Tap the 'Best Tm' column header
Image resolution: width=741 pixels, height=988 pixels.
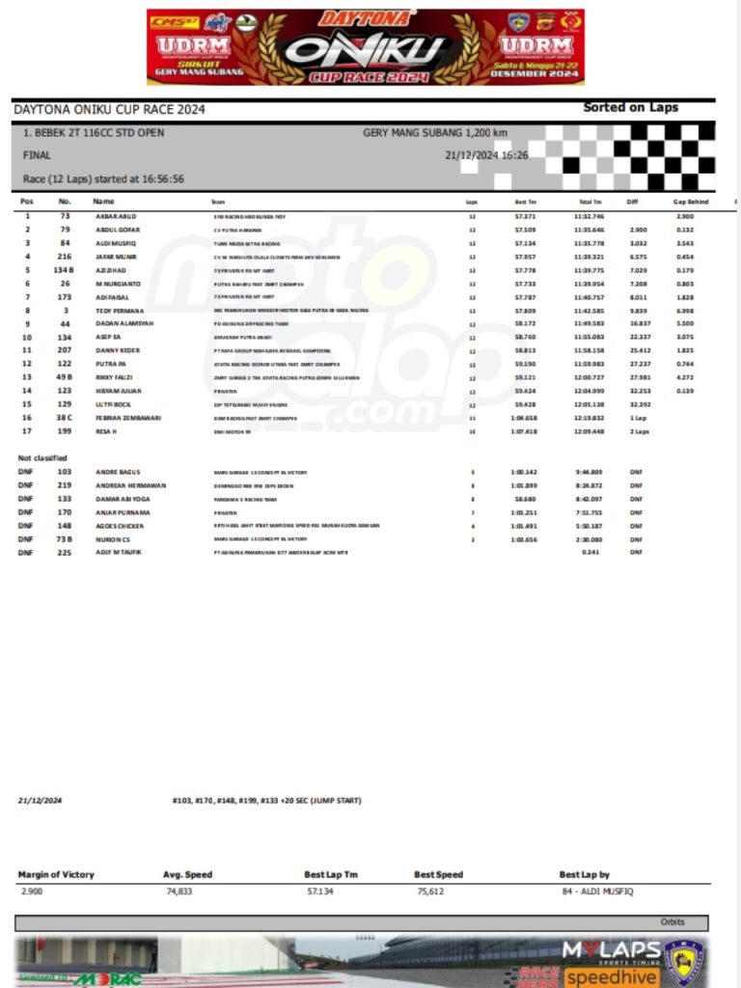526,202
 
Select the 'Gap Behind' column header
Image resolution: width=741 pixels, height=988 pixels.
691,202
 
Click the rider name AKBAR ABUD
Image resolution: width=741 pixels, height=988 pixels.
115,216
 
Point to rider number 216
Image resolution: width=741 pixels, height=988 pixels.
65,257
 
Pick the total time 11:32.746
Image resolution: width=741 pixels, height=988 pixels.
589,216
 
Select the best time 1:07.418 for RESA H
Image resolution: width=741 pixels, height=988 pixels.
524,431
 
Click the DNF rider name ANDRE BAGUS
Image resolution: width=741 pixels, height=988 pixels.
118,472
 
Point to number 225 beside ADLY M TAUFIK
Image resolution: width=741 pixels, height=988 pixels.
65,553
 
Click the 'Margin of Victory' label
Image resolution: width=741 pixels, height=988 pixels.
56,874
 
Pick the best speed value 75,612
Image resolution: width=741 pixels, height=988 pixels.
430,892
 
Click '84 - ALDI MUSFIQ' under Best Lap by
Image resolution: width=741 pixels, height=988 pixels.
596,892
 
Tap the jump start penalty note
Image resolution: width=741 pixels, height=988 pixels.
266,800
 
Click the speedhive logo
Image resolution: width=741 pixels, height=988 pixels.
611,977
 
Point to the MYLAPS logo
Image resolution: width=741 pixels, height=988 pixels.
611,950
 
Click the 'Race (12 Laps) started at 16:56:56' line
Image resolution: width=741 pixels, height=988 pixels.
103,178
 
